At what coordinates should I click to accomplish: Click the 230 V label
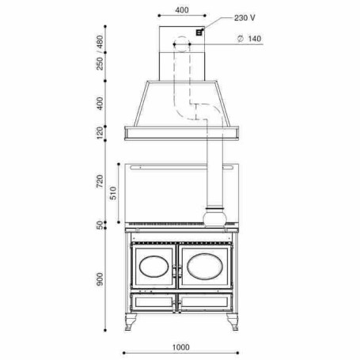click(x=244, y=18)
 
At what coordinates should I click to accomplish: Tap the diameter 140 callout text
click(x=249, y=39)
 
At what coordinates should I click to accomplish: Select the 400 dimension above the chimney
click(x=182, y=10)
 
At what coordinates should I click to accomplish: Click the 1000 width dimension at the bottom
click(x=181, y=347)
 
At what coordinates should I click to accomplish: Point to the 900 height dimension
click(x=100, y=279)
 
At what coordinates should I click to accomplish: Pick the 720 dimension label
click(x=100, y=181)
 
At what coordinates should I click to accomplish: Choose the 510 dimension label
click(x=113, y=193)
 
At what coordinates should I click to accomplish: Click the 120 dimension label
click(x=100, y=133)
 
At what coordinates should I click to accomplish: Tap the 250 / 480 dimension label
click(x=100, y=52)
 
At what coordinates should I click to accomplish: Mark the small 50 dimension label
click(x=100, y=225)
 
